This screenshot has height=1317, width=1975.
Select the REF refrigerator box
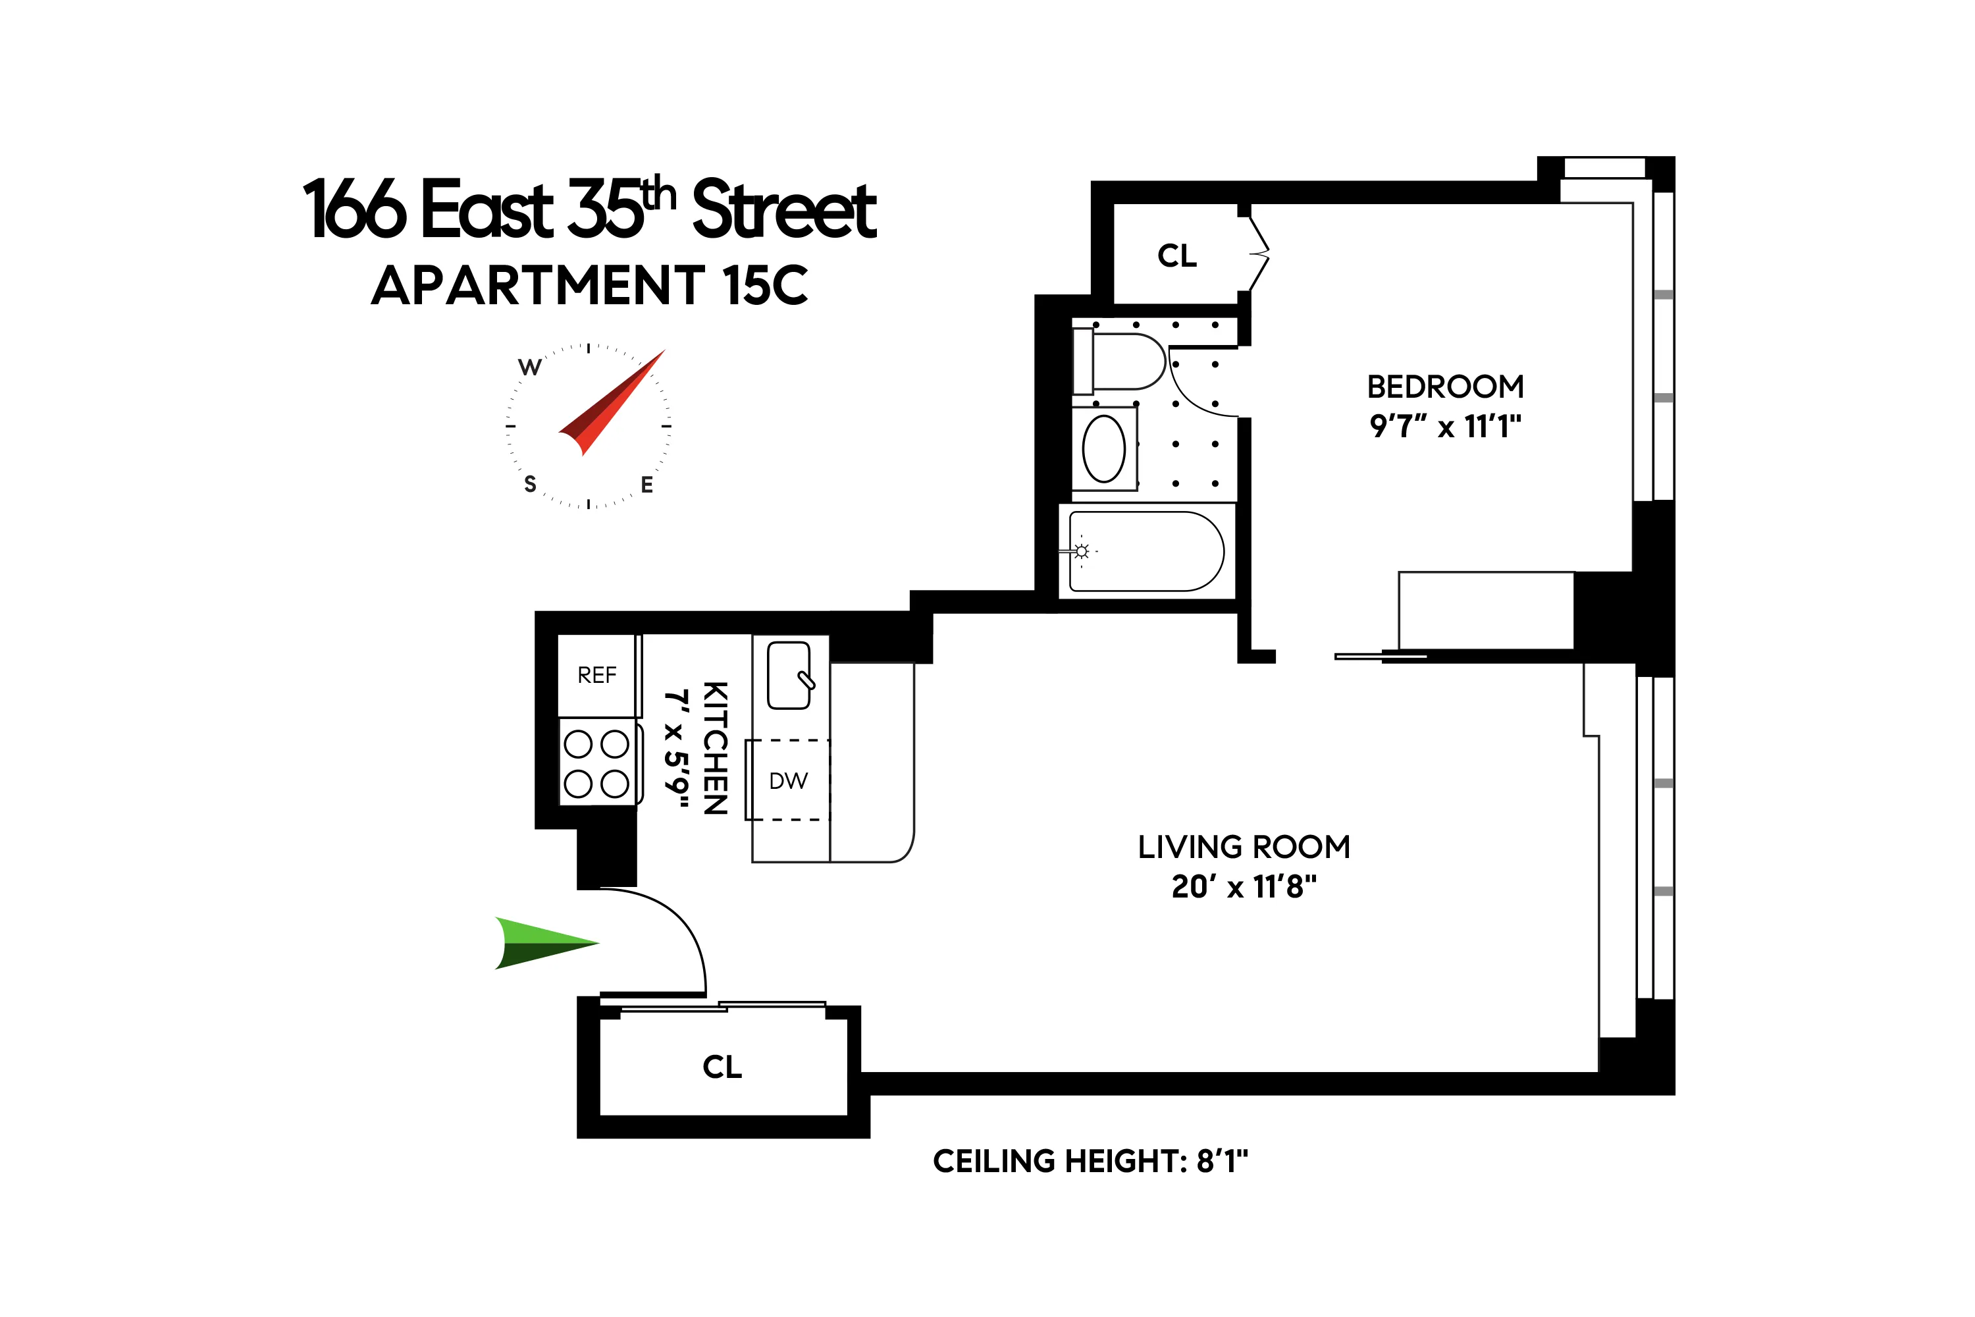coord(597,676)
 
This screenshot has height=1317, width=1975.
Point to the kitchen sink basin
coord(789,676)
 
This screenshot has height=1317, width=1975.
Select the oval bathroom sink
coord(1103,448)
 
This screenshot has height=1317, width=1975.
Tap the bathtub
coord(1145,552)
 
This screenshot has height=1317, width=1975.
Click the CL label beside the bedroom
coord(1176,255)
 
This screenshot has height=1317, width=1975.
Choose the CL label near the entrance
coord(722,1067)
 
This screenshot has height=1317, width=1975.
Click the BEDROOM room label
coord(1445,387)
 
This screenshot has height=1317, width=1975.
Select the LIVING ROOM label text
coord(1244,847)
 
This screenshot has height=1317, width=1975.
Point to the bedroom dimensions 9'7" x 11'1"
coord(1445,427)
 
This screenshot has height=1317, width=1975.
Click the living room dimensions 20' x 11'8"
coord(1244,886)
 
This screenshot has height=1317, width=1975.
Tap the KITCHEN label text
coord(714,747)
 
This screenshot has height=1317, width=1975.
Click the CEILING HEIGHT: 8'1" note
coord(1090,1162)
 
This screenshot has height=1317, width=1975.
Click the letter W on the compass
coord(529,367)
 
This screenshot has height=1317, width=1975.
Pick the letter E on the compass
coord(646,485)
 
